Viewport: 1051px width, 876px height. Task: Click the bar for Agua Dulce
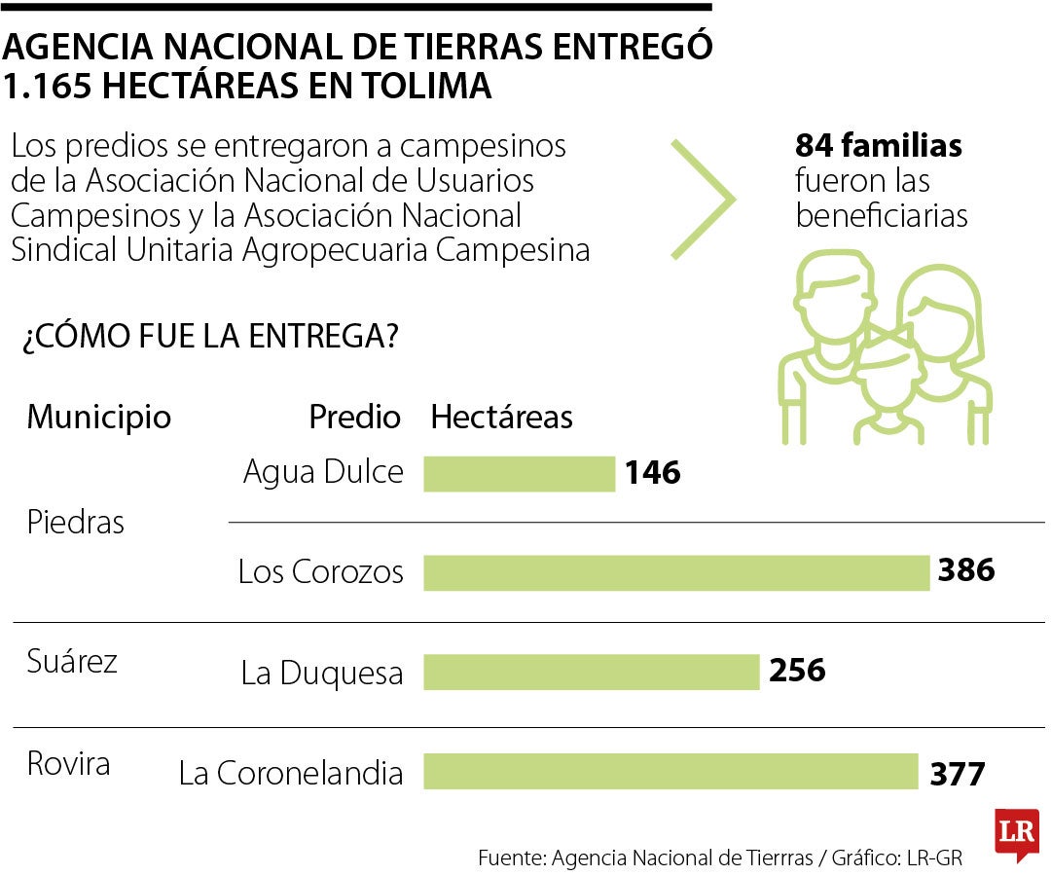click(x=519, y=474)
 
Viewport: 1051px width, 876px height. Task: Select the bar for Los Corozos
click(x=676, y=572)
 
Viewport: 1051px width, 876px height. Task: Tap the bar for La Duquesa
click(x=591, y=672)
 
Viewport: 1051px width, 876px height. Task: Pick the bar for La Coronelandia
click(x=670, y=772)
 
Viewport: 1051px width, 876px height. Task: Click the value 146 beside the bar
click(x=652, y=474)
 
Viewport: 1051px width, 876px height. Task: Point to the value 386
click(x=965, y=570)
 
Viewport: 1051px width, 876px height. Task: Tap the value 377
click(x=958, y=774)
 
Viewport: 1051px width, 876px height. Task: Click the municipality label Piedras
click(x=76, y=523)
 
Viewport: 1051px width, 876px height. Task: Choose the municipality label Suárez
click(x=71, y=662)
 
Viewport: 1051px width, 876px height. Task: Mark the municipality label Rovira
click(x=68, y=763)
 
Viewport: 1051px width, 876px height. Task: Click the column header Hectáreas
click(x=501, y=418)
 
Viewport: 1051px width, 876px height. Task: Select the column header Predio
click(x=354, y=418)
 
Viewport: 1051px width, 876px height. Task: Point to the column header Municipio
click(x=98, y=418)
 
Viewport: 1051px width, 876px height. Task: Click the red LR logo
click(x=1016, y=834)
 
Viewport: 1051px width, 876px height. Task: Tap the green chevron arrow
click(x=704, y=199)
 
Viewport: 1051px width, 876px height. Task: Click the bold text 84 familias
click(x=878, y=146)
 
